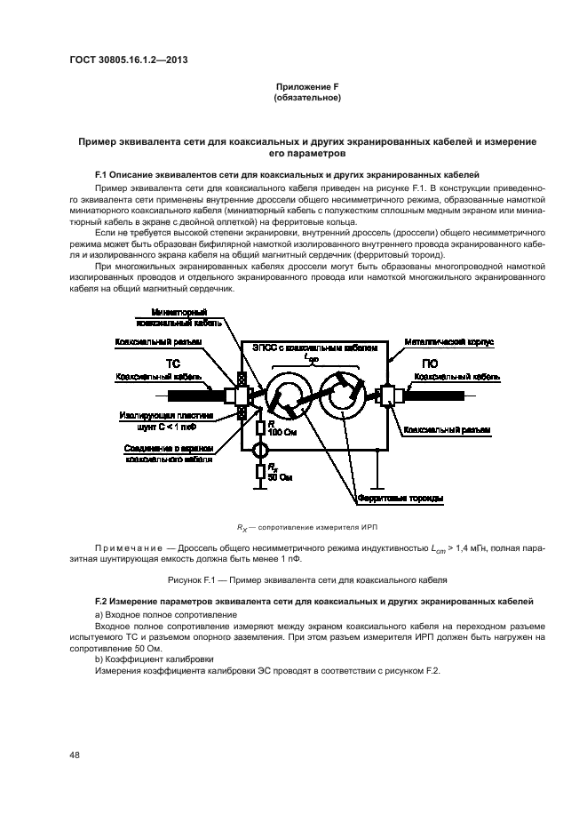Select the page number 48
75,755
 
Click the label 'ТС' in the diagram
175,364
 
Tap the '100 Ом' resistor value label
280,432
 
